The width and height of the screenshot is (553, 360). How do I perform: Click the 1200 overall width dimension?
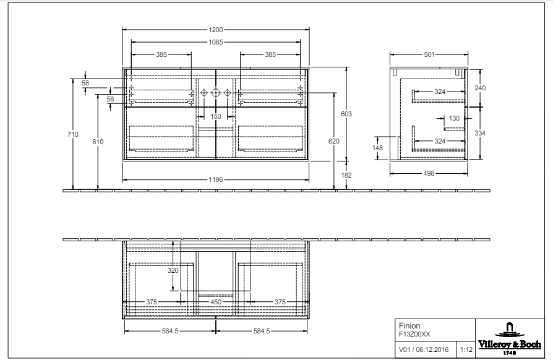pyautogui.click(x=215, y=29)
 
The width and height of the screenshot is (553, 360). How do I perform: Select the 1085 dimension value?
pyautogui.click(x=215, y=42)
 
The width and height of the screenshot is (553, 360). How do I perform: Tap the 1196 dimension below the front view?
pyautogui.click(x=215, y=179)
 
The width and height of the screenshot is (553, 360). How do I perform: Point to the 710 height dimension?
pyautogui.click(x=74, y=134)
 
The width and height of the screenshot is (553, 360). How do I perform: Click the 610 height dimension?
pyautogui.click(x=98, y=142)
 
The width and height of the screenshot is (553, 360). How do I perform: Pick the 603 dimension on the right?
pyautogui.click(x=346, y=114)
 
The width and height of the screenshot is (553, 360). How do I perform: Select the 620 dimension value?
pyautogui.click(x=334, y=142)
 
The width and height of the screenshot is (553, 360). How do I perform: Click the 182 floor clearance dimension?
pyautogui.click(x=346, y=175)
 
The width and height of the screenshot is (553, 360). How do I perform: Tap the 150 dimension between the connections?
pyautogui.click(x=215, y=116)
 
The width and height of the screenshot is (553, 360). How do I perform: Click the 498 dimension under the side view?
pyautogui.click(x=428, y=174)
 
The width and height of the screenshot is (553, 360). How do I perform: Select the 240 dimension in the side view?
pyautogui.click(x=481, y=88)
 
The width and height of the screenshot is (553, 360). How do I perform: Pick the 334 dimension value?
pyautogui.click(x=481, y=133)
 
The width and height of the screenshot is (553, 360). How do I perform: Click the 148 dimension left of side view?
pyautogui.click(x=378, y=147)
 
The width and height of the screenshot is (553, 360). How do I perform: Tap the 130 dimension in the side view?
pyautogui.click(x=454, y=118)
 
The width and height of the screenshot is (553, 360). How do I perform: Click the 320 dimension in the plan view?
pyautogui.click(x=173, y=270)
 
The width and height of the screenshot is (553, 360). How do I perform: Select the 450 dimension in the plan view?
pyautogui.click(x=216, y=302)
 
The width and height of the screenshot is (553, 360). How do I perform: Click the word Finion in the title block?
pyautogui.click(x=409, y=325)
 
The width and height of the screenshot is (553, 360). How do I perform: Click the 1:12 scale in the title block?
pyautogui.click(x=466, y=349)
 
